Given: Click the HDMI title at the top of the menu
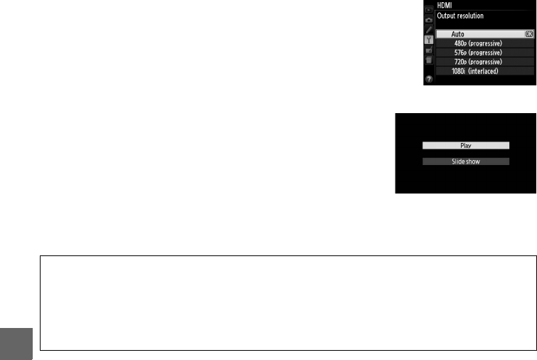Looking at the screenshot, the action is [445, 5].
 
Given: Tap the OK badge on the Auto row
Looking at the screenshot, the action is [528, 33].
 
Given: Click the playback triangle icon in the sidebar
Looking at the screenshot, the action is [429, 11].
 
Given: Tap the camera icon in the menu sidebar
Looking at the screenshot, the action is [429, 21].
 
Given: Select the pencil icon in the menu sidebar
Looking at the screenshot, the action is [429, 30].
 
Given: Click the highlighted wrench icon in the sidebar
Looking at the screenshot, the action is [429, 40].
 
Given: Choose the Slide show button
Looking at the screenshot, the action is [466, 162].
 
